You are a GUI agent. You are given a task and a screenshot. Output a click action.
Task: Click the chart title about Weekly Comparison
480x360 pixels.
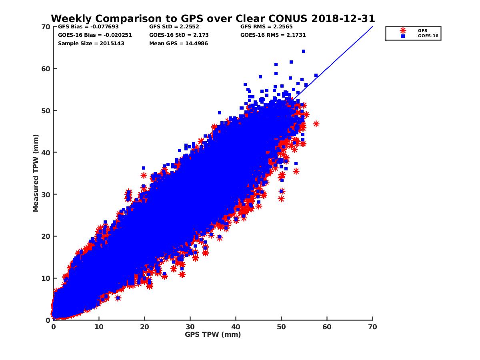pyautogui.click(x=213, y=18)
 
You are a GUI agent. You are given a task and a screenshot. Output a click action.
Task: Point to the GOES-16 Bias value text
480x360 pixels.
pyautogui.click(x=95, y=35)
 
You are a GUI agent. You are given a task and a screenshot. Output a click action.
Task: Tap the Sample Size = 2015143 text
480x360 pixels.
pyautogui.click(x=91, y=43)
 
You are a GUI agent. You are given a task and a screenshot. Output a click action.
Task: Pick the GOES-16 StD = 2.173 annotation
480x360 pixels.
pyautogui.click(x=179, y=35)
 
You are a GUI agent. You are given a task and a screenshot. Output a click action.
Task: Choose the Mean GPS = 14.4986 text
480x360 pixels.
pyautogui.click(x=178, y=43)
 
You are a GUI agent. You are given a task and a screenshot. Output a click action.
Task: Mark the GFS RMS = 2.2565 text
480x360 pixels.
pyautogui.click(x=267, y=27)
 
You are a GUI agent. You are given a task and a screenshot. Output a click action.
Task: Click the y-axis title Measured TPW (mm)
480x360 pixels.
pyautogui.click(x=36, y=173)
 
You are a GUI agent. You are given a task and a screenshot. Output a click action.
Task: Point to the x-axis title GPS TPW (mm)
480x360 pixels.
pyautogui.click(x=213, y=334)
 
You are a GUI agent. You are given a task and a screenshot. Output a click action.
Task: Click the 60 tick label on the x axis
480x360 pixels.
pyautogui.click(x=327, y=327)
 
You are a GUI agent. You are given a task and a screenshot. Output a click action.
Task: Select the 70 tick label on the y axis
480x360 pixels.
pyautogui.click(x=46, y=27)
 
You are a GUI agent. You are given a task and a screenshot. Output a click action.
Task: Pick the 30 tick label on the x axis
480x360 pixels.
pyautogui.click(x=190, y=327)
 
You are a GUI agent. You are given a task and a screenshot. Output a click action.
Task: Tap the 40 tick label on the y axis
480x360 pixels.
pyautogui.click(x=46, y=152)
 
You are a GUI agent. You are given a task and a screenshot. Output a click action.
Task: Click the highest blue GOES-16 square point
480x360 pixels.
pyautogui.click(x=304, y=51)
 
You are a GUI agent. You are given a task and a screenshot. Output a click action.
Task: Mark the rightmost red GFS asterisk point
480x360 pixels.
pyautogui.click(x=316, y=124)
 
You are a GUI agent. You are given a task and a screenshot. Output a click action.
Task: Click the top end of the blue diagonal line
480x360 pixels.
pyautogui.click(x=372, y=27)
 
